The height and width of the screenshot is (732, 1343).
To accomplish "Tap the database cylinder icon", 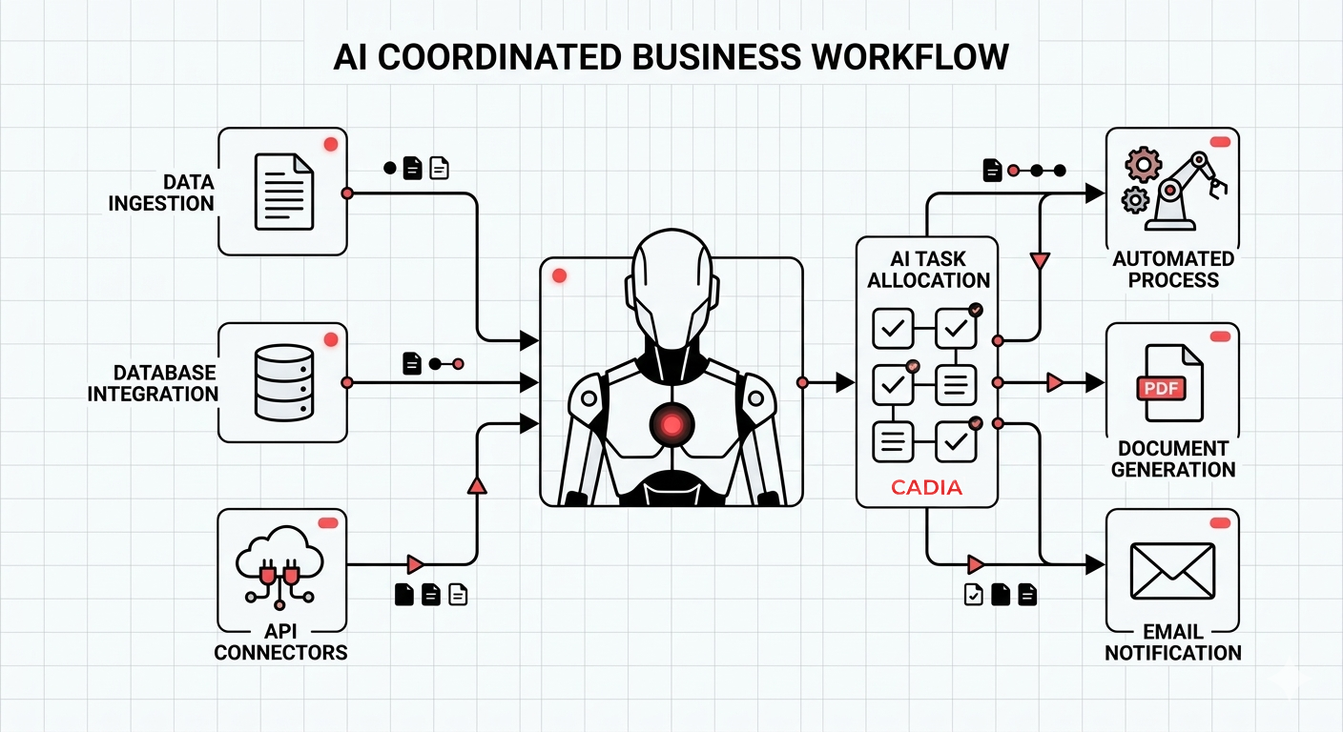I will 283,382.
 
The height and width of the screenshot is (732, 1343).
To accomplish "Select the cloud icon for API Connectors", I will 279,562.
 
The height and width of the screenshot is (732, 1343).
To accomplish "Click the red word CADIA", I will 926,488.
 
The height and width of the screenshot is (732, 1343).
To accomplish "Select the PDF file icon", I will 1169,383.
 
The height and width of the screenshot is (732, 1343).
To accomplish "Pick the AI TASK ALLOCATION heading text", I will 928,270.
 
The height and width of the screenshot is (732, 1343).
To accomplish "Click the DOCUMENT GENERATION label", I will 1172,458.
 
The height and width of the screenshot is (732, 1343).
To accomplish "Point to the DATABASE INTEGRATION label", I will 153,383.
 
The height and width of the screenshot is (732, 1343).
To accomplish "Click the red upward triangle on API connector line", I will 477,486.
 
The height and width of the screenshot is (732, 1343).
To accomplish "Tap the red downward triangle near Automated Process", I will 1040,260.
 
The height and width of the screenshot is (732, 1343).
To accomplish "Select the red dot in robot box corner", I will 560,275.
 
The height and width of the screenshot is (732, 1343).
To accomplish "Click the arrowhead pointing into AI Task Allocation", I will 844,382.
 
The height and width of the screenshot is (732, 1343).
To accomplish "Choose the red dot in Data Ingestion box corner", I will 331,144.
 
